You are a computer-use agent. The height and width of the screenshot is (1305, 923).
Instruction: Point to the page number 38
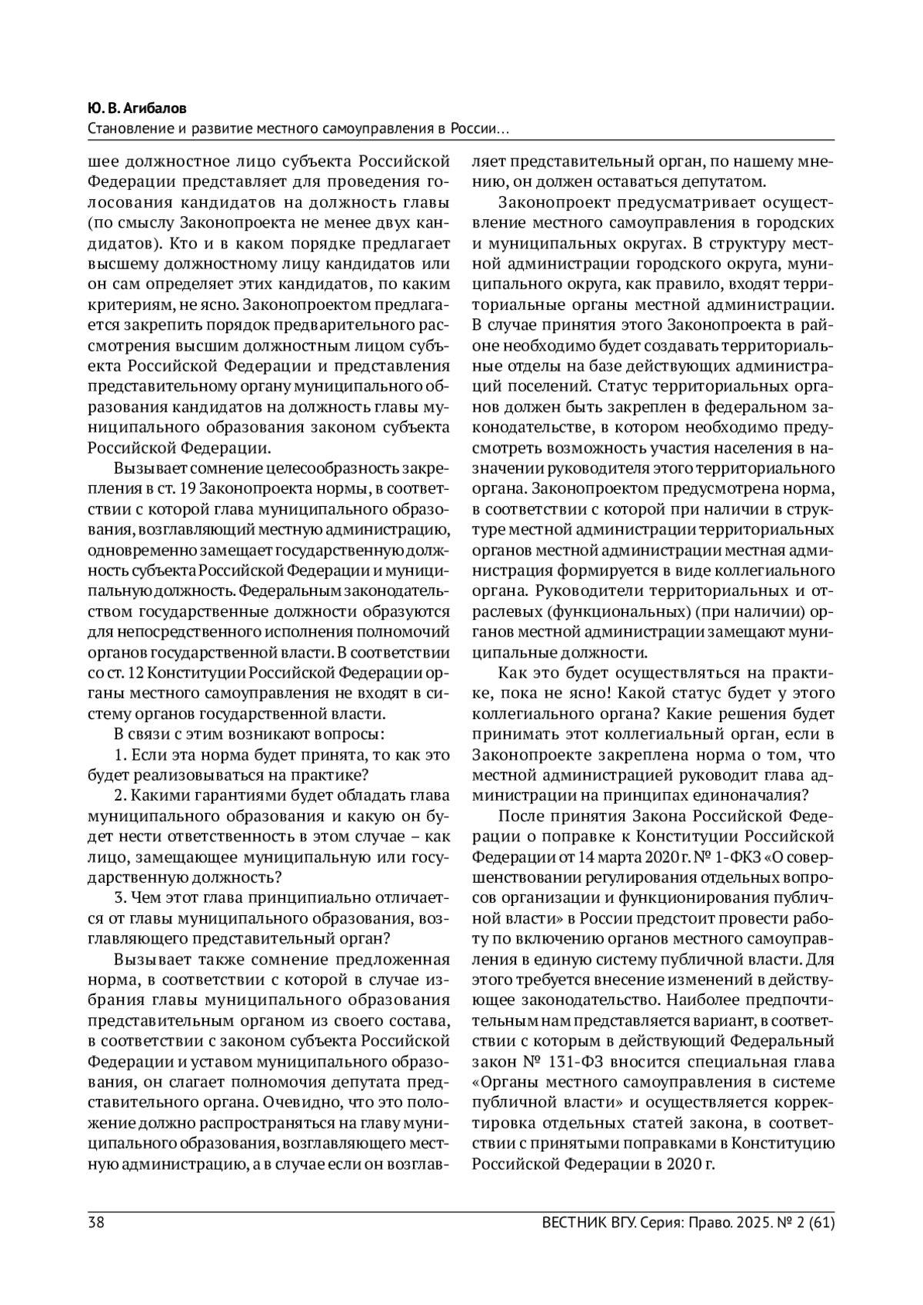pyautogui.click(x=97, y=1222)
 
